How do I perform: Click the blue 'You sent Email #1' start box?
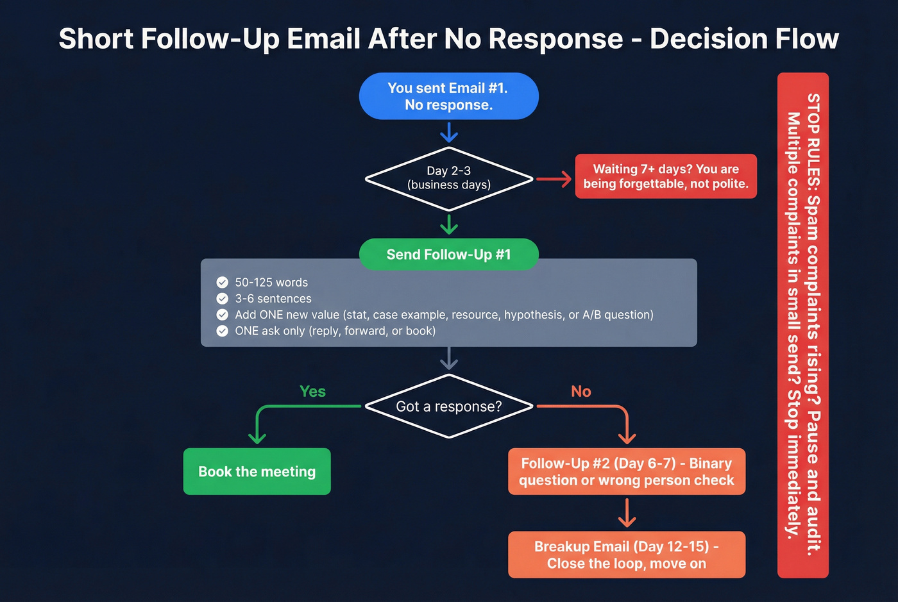pos(448,96)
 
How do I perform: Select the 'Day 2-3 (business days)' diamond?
pos(448,178)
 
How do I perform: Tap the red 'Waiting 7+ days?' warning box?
pos(666,176)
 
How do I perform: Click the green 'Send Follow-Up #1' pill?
pos(448,255)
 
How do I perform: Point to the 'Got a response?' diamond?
pos(448,406)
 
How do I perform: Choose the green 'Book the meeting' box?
pos(257,472)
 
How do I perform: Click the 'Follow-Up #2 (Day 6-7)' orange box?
pos(626,472)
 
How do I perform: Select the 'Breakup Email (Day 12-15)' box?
pos(626,555)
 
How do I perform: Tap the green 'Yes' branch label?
pos(312,392)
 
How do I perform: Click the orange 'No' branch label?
pos(580,392)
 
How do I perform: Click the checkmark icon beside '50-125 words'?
pos(223,282)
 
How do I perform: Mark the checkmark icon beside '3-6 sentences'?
pos(223,299)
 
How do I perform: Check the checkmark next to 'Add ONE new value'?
pos(223,315)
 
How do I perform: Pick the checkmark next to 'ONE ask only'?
pos(223,331)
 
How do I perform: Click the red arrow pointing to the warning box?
pos(554,179)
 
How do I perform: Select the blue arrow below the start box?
pos(448,132)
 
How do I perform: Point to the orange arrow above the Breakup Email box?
pos(626,513)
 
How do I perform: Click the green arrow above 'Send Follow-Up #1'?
pos(448,224)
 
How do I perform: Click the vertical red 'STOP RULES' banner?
pos(802,325)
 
